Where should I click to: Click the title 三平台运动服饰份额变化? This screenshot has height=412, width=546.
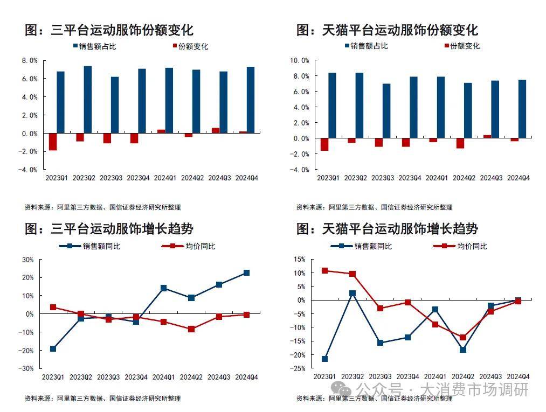109,30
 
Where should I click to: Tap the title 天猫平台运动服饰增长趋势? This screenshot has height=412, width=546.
387,229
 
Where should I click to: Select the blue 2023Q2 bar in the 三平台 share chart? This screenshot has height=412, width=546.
87,99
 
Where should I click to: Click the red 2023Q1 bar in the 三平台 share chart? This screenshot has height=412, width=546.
53,142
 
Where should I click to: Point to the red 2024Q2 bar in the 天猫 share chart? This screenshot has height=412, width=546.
460,143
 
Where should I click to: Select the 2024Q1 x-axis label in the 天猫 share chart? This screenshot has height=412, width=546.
436,178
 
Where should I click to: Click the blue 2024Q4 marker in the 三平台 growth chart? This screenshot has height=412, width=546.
246,273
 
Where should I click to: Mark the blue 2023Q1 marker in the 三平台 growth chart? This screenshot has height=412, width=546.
53,348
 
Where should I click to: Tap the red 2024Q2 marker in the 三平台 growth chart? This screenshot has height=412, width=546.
191,329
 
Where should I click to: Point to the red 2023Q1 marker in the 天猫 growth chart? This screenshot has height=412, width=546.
324,270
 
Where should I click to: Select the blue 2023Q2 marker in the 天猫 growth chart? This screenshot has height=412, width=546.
353,294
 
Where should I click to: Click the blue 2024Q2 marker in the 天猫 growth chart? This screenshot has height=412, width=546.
462,350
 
